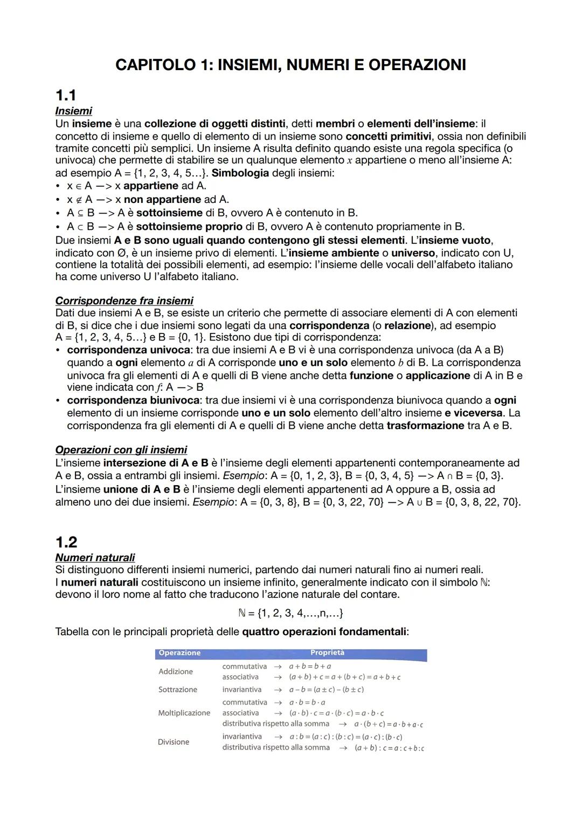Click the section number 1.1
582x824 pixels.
click(66, 96)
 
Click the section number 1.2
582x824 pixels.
click(66, 542)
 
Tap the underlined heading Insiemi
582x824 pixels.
click(73, 111)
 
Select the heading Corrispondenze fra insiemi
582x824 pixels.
click(124, 301)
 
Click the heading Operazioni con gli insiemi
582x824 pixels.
click(121, 450)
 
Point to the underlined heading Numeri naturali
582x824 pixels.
click(95, 557)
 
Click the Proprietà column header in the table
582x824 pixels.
click(327, 653)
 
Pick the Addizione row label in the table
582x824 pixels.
click(175, 671)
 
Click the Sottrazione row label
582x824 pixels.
click(177, 690)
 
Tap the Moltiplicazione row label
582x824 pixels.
click(184, 713)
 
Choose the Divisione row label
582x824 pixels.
click(173, 742)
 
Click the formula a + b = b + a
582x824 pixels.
click(310, 666)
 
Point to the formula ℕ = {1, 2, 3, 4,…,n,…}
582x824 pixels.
click(290, 613)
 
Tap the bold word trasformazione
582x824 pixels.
click(425, 425)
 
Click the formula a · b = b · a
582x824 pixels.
click(307, 702)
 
